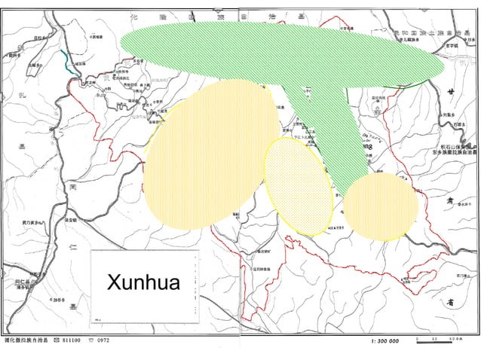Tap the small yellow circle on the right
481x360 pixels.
381,206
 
